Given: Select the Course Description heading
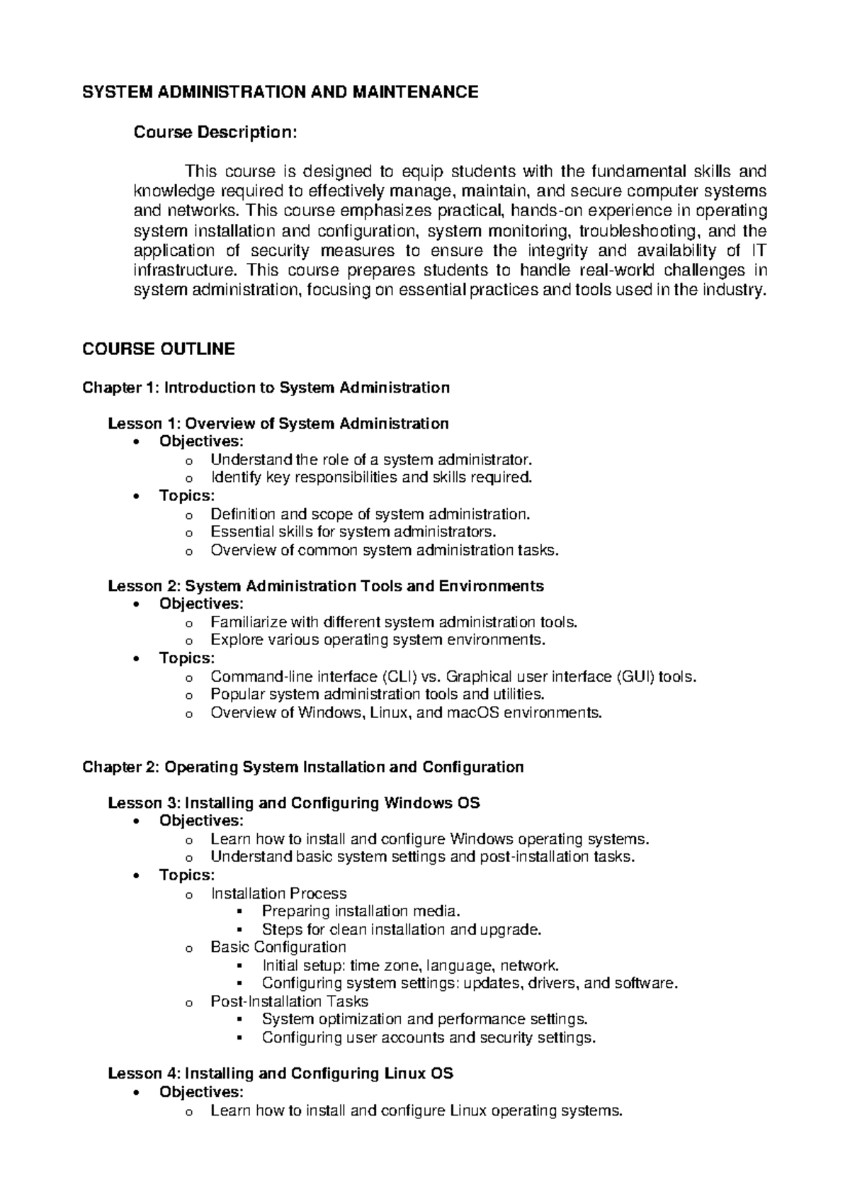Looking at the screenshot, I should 212,133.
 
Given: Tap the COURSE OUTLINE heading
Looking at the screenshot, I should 158,349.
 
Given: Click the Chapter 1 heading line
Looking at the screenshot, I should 266,388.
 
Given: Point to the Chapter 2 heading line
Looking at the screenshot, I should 302,767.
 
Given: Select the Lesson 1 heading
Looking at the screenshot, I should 278,424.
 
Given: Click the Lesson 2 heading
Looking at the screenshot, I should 325,586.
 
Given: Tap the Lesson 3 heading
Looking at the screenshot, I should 293,803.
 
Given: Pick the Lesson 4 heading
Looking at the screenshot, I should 280,1074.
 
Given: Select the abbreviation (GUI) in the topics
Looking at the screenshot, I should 635,677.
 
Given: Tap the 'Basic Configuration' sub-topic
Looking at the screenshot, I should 278,948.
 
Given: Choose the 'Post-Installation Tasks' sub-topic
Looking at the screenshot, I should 289,1001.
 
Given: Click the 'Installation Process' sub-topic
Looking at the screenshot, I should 278,894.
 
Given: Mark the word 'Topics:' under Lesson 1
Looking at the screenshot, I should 186,496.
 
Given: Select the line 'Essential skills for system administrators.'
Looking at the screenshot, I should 353,532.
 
